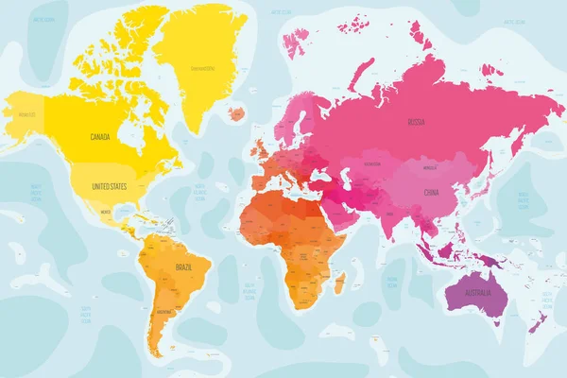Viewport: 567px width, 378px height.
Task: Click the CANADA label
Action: point(100,137)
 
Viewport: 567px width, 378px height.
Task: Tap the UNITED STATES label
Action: point(109,187)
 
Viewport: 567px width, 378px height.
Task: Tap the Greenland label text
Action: point(201,68)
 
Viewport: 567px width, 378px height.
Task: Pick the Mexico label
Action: point(106,213)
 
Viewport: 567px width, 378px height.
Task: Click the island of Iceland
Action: point(236,112)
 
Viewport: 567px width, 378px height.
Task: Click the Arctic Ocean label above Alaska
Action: point(42,19)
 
